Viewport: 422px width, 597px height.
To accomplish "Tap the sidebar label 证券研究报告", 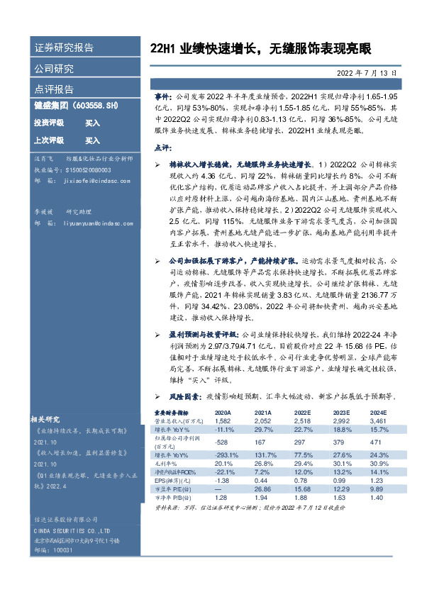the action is [x=64, y=48].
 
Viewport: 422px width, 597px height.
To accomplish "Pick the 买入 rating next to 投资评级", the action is [x=92, y=123].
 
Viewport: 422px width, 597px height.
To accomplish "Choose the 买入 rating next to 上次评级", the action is [x=92, y=140].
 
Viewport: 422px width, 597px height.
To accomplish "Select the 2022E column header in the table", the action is [x=303, y=411].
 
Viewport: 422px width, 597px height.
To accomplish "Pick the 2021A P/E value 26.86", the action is [x=263, y=489].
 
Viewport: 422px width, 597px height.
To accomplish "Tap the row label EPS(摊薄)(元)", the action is [x=174, y=480].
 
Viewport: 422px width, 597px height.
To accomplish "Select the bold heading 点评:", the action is [x=163, y=147].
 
